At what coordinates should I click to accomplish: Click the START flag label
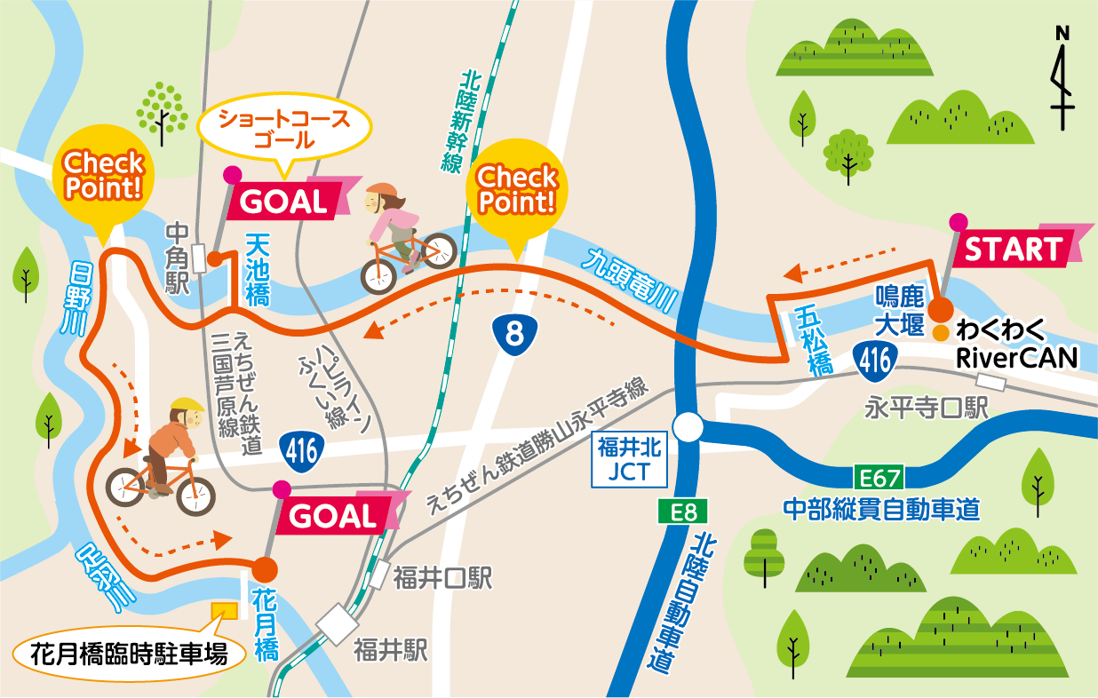coord(1013,250)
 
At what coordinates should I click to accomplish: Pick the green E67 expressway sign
coord(879,478)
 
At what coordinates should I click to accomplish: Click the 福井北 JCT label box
coord(630,459)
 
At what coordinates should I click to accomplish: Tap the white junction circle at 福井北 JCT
coord(688,429)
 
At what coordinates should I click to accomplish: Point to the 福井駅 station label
coord(390,651)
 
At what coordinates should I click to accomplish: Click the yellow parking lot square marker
coord(223,610)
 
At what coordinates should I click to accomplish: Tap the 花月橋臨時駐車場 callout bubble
coord(128,655)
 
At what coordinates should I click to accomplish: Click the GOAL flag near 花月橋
coord(333,514)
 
